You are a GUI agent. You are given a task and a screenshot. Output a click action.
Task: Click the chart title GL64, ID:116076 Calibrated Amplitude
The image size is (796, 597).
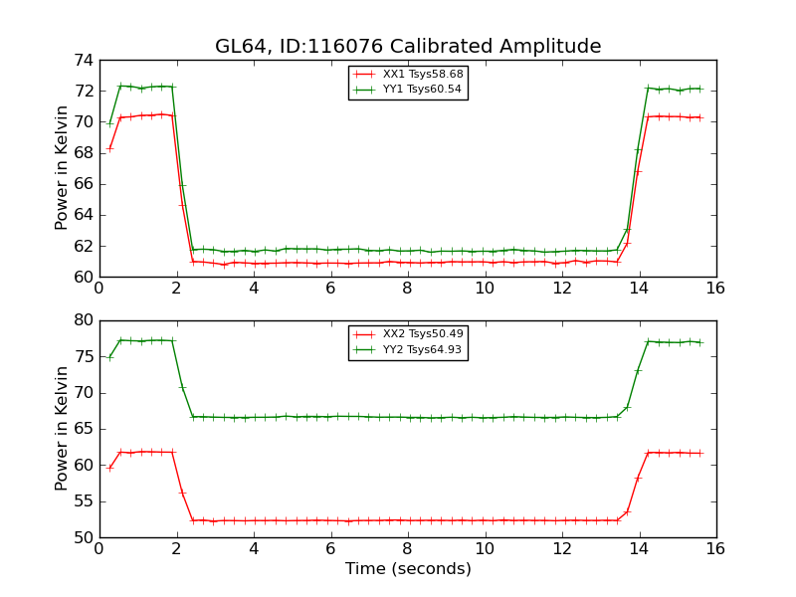[408, 47]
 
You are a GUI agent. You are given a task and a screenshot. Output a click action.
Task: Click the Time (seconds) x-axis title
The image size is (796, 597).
[408, 569]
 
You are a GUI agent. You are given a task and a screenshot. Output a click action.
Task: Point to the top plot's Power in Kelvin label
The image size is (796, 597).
[63, 168]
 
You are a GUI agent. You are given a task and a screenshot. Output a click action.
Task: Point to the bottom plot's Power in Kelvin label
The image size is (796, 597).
[63, 429]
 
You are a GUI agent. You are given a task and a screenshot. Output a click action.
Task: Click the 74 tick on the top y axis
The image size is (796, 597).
[83, 61]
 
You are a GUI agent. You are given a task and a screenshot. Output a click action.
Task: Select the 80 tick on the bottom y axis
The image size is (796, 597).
[83, 320]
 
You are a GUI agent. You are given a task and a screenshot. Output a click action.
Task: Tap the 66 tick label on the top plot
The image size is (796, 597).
[83, 184]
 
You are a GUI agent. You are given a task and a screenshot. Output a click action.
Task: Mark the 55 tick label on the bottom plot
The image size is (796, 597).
[83, 501]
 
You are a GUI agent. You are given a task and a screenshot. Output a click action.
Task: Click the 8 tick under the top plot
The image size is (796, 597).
[407, 289]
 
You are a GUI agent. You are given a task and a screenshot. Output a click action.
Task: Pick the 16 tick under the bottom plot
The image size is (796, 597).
[715, 549]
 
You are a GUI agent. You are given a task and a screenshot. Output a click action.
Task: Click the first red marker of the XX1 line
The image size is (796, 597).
[109, 148]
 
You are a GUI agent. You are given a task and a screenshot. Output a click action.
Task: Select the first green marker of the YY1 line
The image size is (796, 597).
[109, 123]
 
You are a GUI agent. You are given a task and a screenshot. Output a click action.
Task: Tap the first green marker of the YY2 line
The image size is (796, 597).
[109, 357]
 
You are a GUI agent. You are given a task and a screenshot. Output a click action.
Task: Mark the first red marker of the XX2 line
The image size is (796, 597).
[109, 468]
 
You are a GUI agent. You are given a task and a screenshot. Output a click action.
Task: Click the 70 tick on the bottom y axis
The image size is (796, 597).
[83, 393]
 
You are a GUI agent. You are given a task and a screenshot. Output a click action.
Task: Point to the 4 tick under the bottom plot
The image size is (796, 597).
[253, 549]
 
